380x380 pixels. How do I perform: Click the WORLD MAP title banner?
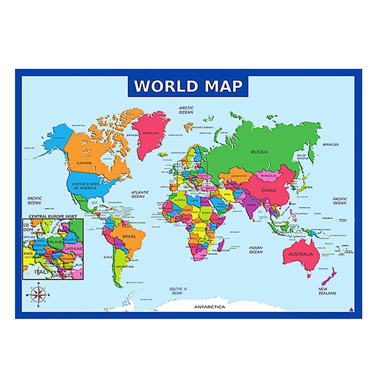click(x=188, y=86)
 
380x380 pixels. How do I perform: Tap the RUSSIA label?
click(x=259, y=152)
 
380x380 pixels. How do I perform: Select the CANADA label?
click(x=84, y=163)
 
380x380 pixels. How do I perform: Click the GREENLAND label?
click(x=151, y=133)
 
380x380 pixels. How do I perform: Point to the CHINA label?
click(x=268, y=191)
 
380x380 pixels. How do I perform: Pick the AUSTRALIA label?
click(x=301, y=254)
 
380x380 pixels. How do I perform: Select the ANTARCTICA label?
click(x=210, y=307)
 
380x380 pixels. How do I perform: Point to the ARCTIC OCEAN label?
click(x=186, y=110)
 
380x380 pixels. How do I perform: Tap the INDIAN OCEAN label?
click(x=256, y=250)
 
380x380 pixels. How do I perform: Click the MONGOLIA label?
click(x=268, y=176)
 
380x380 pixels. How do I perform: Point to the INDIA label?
click(x=251, y=206)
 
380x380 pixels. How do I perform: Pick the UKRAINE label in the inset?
click(x=74, y=249)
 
